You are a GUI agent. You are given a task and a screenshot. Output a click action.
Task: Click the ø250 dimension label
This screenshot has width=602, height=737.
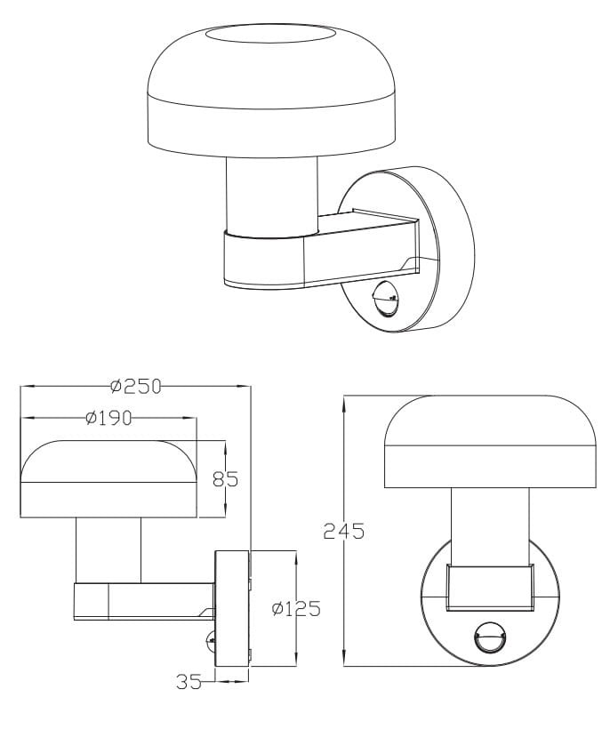(x=136, y=386)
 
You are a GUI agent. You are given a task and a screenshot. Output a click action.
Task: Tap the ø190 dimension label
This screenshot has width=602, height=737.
(x=109, y=417)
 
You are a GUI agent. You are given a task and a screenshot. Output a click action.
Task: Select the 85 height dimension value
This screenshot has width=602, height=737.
(x=226, y=479)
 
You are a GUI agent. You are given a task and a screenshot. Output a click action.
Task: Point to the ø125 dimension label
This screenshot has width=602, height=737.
(x=296, y=609)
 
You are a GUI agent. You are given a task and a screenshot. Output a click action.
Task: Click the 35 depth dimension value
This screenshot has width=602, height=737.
(x=189, y=682)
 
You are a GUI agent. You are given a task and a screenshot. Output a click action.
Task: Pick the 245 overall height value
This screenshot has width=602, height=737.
(x=344, y=531)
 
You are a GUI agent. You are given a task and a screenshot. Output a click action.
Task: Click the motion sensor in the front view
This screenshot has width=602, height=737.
(x=491, y=637)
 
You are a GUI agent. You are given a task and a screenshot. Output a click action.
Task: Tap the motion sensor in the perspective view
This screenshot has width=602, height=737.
(x=387, y=300)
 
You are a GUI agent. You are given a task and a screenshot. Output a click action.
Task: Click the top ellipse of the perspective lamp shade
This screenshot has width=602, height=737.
(x=271, y=36)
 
